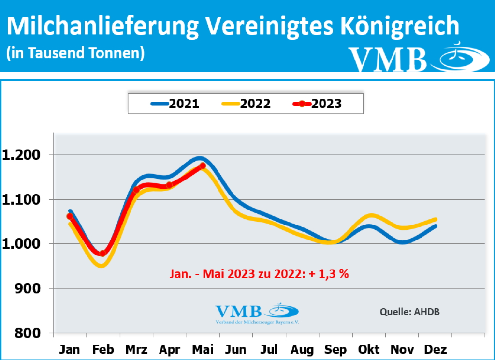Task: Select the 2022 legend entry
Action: pyautogui.click(x=246, y=104)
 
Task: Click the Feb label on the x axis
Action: pyautogui.click(x=103, y=349)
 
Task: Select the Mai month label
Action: pyautogui.click(x=202, y=349)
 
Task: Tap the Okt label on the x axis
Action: pyautogui.click(x=368, y=349)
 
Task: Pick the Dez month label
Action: pyautogui.click(x=435, y=349)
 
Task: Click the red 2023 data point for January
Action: pyautogui.click(x=70, y=216)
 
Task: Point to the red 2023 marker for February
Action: pyautogui.click(x=102, y=253)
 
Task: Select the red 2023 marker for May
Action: pyautogui.click(x=203, y=165)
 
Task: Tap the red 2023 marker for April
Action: pyautogui.click(x=169, y=185)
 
